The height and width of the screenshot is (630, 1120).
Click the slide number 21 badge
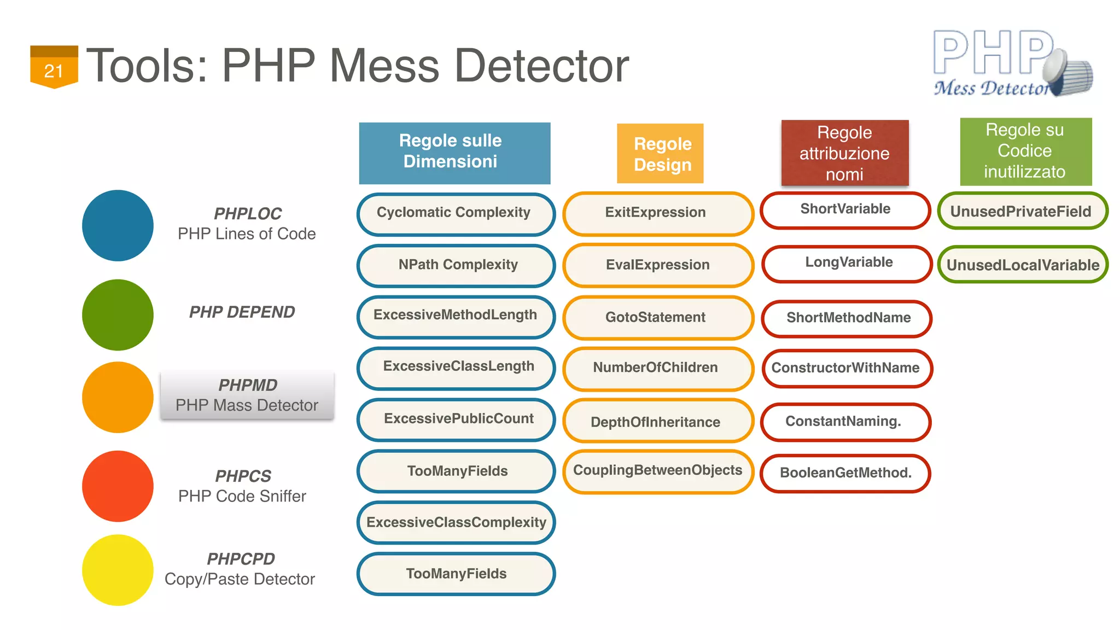coord(54,67)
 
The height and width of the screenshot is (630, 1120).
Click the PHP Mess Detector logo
coord(1012,63)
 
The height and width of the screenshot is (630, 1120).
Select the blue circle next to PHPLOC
coord(118,225)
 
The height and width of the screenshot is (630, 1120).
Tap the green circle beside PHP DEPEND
coord(118,315)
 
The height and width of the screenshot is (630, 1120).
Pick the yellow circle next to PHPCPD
coord(118,570)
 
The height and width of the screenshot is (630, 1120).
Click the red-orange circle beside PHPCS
coord(118,486)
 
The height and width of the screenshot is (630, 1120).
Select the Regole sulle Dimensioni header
coord(454,153)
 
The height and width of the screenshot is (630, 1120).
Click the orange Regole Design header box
coord(660,154)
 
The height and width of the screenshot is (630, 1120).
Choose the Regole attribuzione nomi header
coord(845,153)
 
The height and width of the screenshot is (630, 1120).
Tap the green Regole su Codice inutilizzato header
coord(1025,151)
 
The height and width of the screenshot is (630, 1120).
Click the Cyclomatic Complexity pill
coord(456,213)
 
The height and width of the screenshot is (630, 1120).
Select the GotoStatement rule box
coord(658,318)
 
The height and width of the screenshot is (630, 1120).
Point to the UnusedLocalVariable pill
coord(1022,265)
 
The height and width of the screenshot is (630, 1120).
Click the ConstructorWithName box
coord(847,368)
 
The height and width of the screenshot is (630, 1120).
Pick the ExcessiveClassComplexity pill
coord(456,523)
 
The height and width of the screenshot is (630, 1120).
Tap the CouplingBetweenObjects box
coord(658,471)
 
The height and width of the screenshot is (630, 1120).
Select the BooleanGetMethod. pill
coord(845,473)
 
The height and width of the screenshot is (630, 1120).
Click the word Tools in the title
coord(147,66)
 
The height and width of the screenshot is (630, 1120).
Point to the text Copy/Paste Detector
coord(240,579)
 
